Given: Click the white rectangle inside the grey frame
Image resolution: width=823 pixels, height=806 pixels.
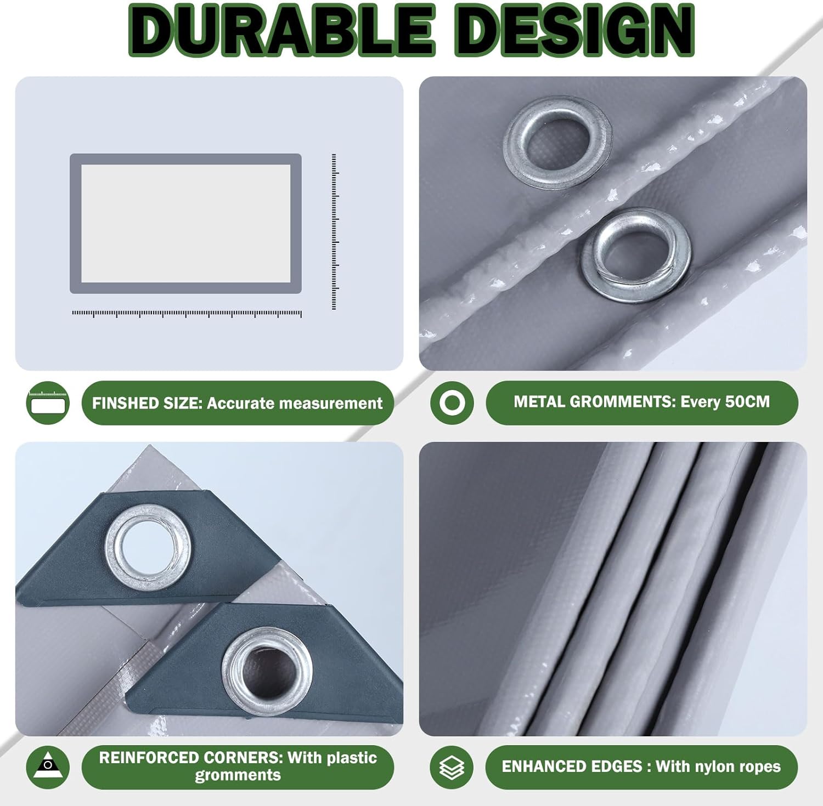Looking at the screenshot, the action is [x=186, y=224].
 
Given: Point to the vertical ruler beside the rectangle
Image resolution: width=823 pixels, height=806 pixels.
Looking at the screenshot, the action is [x=334, y=232].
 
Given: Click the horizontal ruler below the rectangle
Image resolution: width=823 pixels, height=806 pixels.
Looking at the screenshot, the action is [x=187, y=314].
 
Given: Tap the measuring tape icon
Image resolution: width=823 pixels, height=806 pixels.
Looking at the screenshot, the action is [x=48, y=403].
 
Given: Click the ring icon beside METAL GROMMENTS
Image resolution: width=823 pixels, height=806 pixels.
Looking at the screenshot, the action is [x=452, y=403].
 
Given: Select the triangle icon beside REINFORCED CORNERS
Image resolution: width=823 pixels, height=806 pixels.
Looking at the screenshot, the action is [x=48, y=767].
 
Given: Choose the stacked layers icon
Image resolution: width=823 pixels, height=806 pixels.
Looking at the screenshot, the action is [x=452, y=767].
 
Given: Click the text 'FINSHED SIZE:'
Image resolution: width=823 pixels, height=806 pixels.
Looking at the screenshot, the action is [x=148, y=404].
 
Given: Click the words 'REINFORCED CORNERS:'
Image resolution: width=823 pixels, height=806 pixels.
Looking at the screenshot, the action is [x=191, y=758].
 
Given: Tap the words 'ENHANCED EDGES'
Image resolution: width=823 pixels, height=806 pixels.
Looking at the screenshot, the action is [x=572, y=767].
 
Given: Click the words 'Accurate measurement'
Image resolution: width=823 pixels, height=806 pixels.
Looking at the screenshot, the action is [x=295, y=404].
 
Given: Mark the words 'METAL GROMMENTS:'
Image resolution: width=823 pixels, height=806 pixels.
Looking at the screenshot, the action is [x=595, y=402].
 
